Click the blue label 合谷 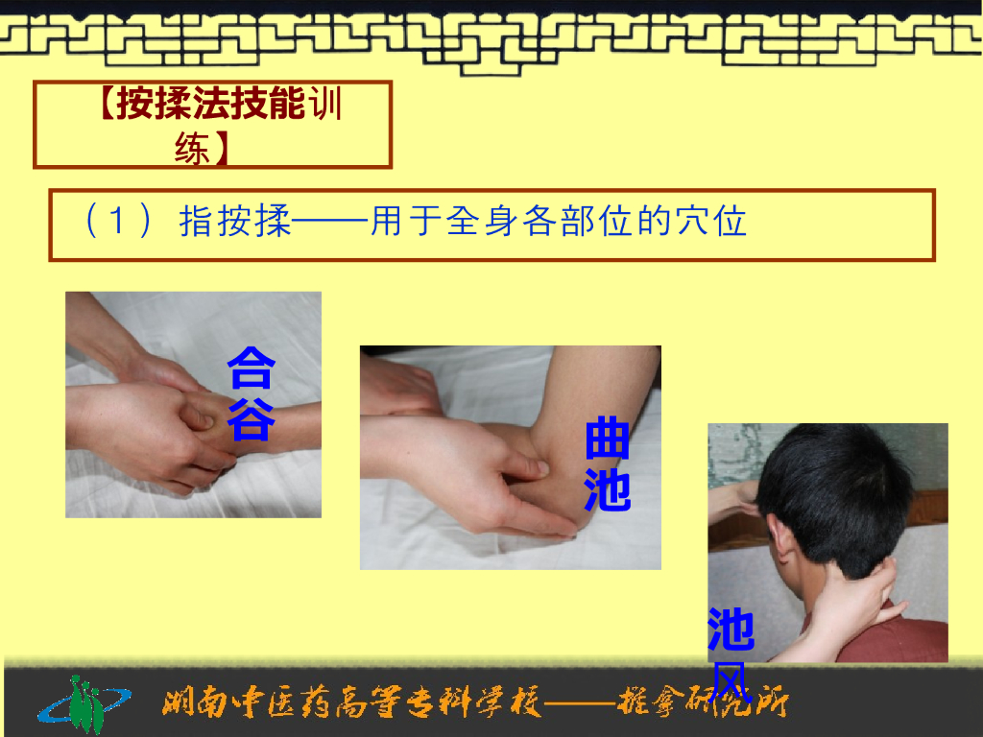tap(251, 393)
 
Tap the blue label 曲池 tap(607, 464)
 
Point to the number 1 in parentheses tap(118, 223)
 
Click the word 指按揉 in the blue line tap(235, 223)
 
